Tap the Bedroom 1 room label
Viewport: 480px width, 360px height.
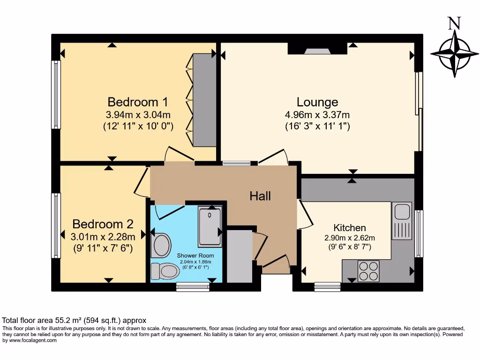pyautogui.click(x=138, y=102)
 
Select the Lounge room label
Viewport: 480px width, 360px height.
pyautogui.click(x=317, y=102)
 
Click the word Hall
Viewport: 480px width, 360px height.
pyautogui.click(x=260, y=196)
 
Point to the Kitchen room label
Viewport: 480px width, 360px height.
pyautogui.click(x=350, y=228)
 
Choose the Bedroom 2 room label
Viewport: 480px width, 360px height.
pyautogui.click(x=103, y=224)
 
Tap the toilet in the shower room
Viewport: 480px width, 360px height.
pyautogui.click(x=165, y=270)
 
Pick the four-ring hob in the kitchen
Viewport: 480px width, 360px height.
pyautogui.click(x=368, y=271)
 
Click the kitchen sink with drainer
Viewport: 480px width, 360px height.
pyautogui.click(x=402, y=221)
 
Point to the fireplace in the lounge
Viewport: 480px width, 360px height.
pyautogui.click(x=317, y=51)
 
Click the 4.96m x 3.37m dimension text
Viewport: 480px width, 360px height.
pyautogui.click(x=317, y=115)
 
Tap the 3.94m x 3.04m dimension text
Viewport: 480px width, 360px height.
pyautogui.click(x=138, y=115)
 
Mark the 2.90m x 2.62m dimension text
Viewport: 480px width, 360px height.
pyautogui.click(x=350, y=237)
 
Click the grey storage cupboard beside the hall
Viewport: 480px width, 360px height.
pyautogui.click(x=239, y=256)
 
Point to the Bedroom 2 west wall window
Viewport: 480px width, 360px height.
pyautogui.click(x=56, y=225)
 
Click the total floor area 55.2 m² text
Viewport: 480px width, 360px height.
pyautogui.click(x=75, y=321)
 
